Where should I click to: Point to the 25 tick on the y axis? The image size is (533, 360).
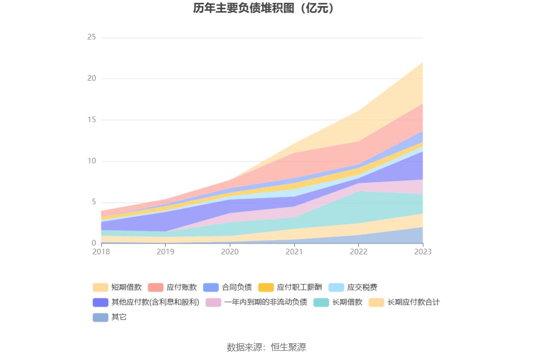click(x=91, y=37)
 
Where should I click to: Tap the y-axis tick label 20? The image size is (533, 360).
click(x=91, y=78)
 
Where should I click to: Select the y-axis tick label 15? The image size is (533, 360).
click(x=91, y=120)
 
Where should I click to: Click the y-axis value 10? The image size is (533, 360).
click(x=91, y=161)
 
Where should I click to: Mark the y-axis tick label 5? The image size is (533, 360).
click(x=93, y=202)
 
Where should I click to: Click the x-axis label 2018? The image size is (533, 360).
click(x=101, y=251)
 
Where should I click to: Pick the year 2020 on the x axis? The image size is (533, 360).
click(x=230, y=251)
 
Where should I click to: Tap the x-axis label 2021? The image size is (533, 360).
click(x=294, y=251)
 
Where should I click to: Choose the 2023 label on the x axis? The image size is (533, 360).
click(x=423, y=251)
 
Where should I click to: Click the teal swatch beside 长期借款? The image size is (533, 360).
click(x=321, y=302)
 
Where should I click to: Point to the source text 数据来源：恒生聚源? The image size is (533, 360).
click(x=266, y=347)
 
